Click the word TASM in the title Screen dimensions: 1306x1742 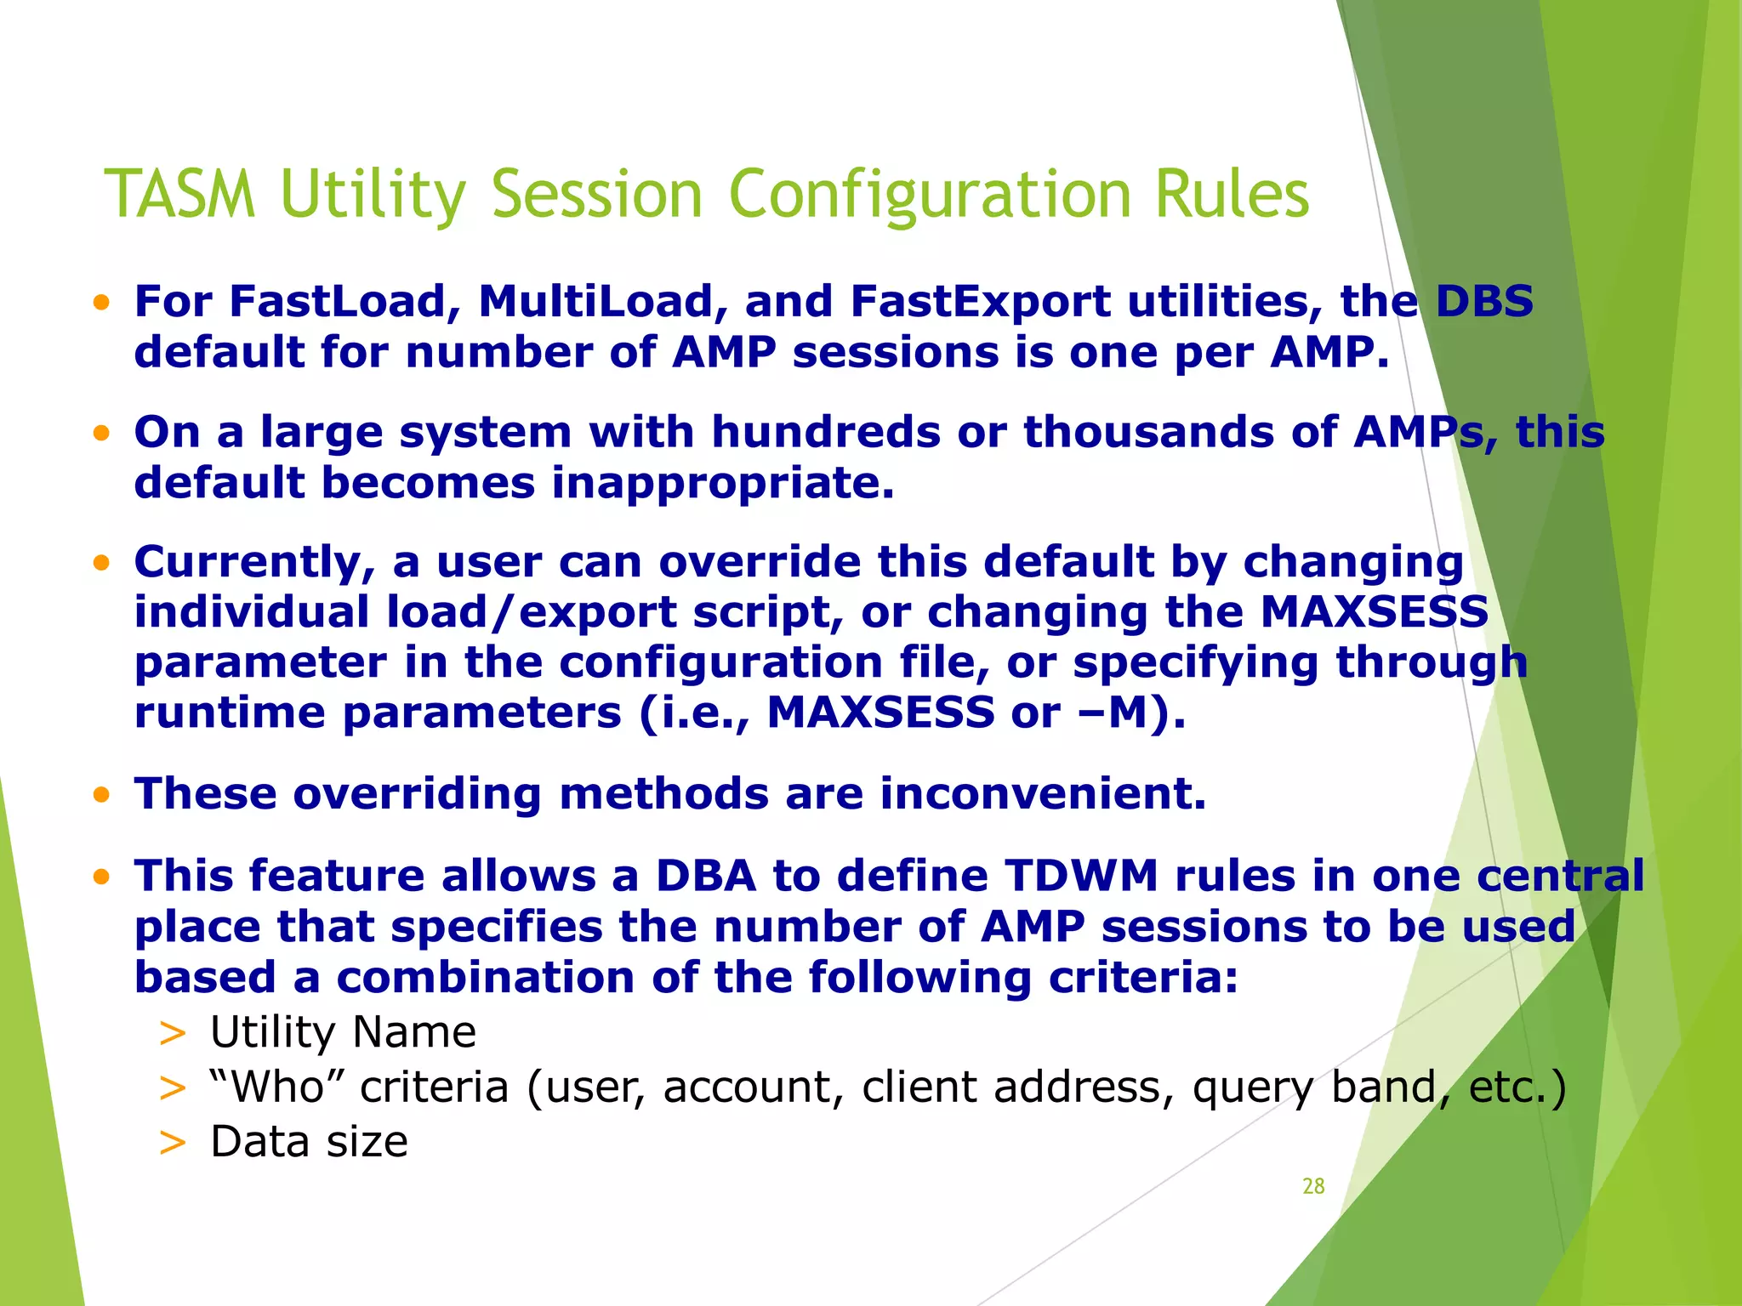coord(179,194)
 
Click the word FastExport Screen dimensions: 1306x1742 coord(980,302)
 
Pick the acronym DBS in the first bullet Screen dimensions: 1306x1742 coord(1484,302)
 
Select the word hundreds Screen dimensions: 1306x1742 coord(825,432)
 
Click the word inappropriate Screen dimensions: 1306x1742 coord(723,483)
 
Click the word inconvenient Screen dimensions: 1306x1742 coord(1043,794)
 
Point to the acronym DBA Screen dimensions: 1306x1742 coord(705,877)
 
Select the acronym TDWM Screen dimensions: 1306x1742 coord(1081,877)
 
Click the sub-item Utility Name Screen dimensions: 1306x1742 coord(343,1033)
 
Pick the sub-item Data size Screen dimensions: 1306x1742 coord(309,1142)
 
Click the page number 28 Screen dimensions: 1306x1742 coord(1313,1186)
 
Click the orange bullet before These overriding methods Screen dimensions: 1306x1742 coord(102,796)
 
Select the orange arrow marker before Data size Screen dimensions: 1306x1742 coord(172,1142)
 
